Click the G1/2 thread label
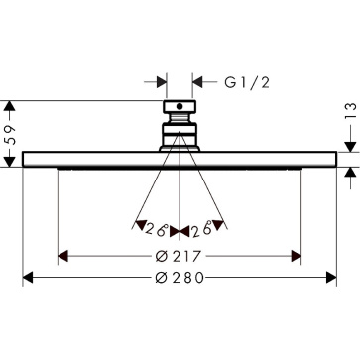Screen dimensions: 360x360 pyautogui.click(x=247, y=82)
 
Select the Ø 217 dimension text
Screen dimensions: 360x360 pyautogui.click(x=179, y=256)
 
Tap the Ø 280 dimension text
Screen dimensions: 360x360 pyautogui.click(x=180, y=278)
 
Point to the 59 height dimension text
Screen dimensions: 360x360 pyautogui.click(x=11, y=135)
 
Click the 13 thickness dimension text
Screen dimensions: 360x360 pyautogui.click(x=352, y=111)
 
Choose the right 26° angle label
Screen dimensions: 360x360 pyautogui.click(x=201, y=229)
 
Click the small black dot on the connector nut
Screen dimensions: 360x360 pyautogui.click(x=180, y=106)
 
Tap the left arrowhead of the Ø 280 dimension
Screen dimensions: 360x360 pyautogui.click(x=28, y=278)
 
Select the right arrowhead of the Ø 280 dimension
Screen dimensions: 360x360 pyautogui.click(x=331, y=278)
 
